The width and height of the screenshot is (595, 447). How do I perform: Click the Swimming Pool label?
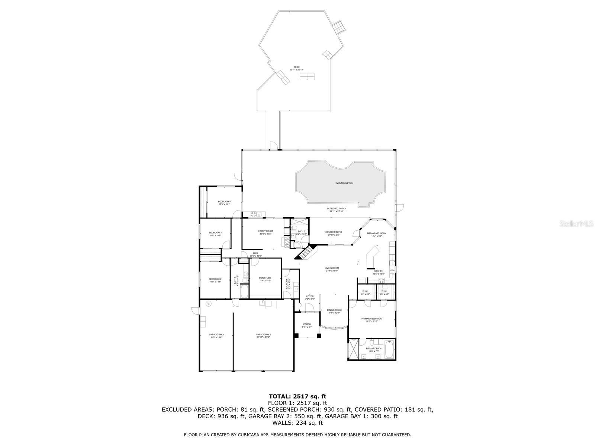click(344, 183)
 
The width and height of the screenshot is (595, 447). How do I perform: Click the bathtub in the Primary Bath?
click(389, 350)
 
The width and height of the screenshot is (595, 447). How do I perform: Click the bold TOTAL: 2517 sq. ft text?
click(297, 396)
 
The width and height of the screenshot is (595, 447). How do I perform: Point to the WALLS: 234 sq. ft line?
click(297, 423)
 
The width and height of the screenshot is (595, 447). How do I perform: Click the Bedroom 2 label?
click(215, 280)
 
